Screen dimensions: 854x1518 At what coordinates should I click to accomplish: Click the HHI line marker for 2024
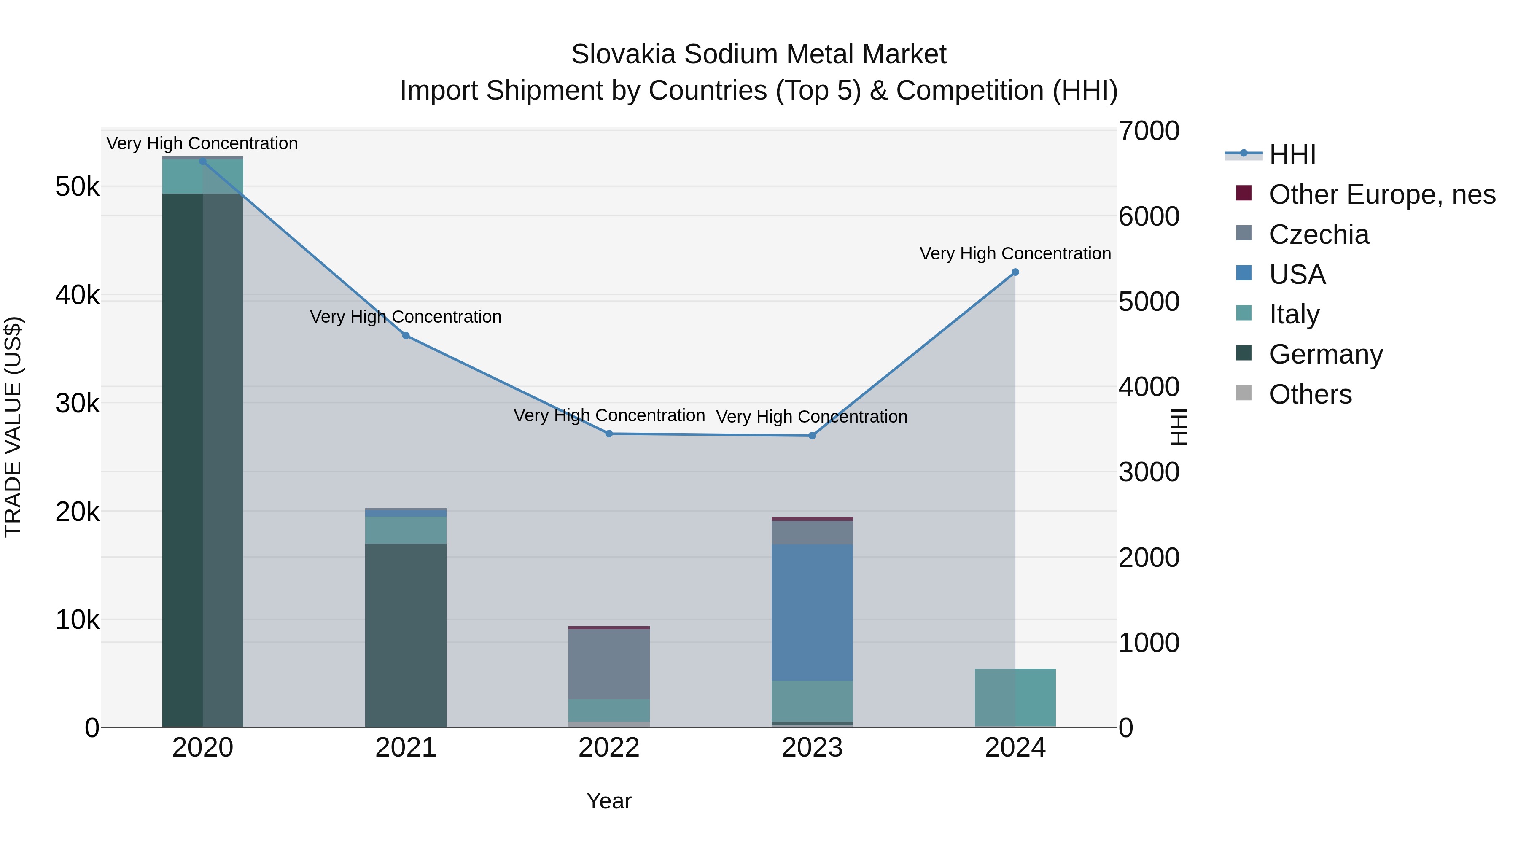[1015, 272]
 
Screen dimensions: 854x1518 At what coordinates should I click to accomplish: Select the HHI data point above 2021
[405, 336]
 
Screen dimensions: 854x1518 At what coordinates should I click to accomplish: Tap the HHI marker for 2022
[609, 434]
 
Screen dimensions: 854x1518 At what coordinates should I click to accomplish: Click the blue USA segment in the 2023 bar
[812, 613]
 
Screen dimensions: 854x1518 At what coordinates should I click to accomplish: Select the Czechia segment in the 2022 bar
[609, 664]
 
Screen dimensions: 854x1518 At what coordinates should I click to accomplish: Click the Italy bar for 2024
[1015, 698]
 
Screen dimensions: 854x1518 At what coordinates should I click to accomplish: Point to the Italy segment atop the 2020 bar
[203, 177]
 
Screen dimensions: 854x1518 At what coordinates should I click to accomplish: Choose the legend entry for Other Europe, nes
[1381, 194]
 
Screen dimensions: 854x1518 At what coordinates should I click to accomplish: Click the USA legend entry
[1297, 275]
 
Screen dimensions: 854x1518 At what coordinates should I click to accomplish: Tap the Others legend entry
[1310, 394]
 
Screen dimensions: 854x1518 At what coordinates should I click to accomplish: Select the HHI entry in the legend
[1292, 154]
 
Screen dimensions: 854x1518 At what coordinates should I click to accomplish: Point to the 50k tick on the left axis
[77, 187]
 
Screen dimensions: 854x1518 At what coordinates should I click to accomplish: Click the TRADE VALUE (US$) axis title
[13, 427]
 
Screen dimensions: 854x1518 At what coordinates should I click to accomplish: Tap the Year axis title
[609, 801]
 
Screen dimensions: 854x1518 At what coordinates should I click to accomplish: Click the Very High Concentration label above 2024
[1015, 253]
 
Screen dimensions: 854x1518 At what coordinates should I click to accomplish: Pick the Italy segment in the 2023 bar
[812, 701]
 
